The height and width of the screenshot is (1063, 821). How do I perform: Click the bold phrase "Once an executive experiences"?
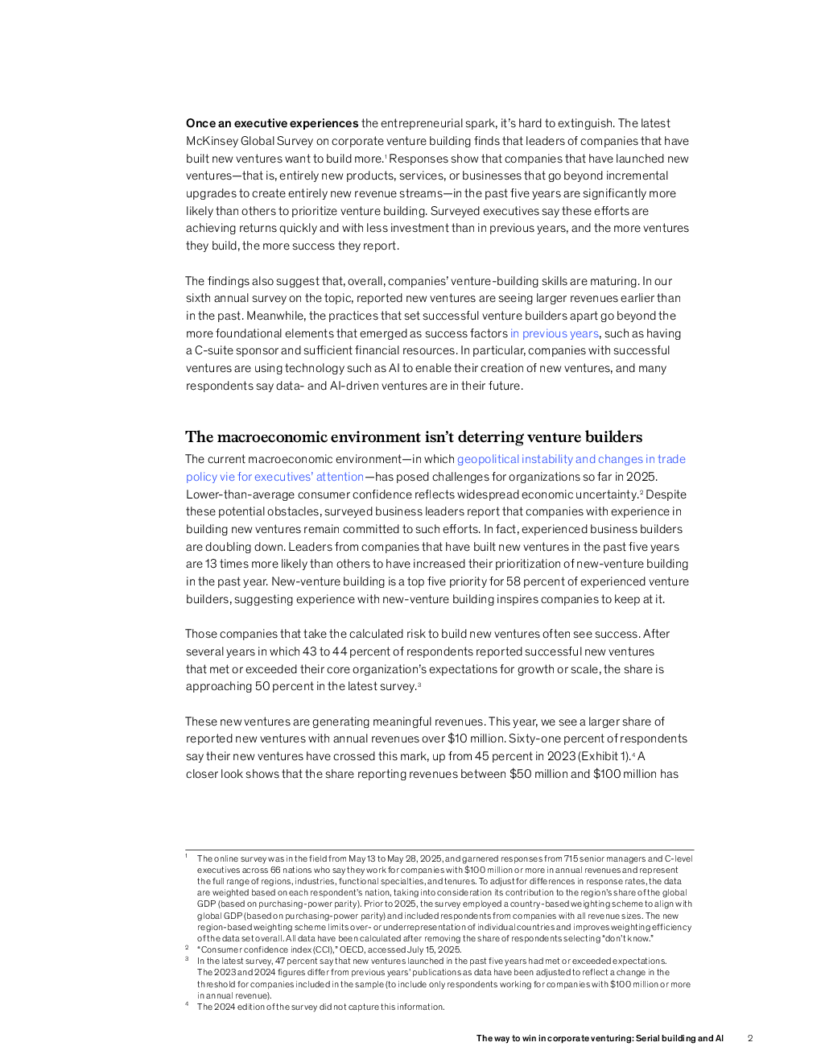(272, 123)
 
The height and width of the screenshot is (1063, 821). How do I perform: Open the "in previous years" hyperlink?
(555, 333)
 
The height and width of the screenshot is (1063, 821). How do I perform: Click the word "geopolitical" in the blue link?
(488, 459)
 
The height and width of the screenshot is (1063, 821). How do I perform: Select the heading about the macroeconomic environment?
(414, 437)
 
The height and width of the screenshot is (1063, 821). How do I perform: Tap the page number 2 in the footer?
(750, 1038)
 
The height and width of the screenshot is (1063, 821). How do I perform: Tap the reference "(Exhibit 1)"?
(604, 756)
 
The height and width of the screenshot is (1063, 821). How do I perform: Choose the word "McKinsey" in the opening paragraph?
(212, 141)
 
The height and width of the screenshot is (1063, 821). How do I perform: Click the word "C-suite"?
(214, 350)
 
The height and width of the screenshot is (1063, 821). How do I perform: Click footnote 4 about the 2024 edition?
(320, 1007)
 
